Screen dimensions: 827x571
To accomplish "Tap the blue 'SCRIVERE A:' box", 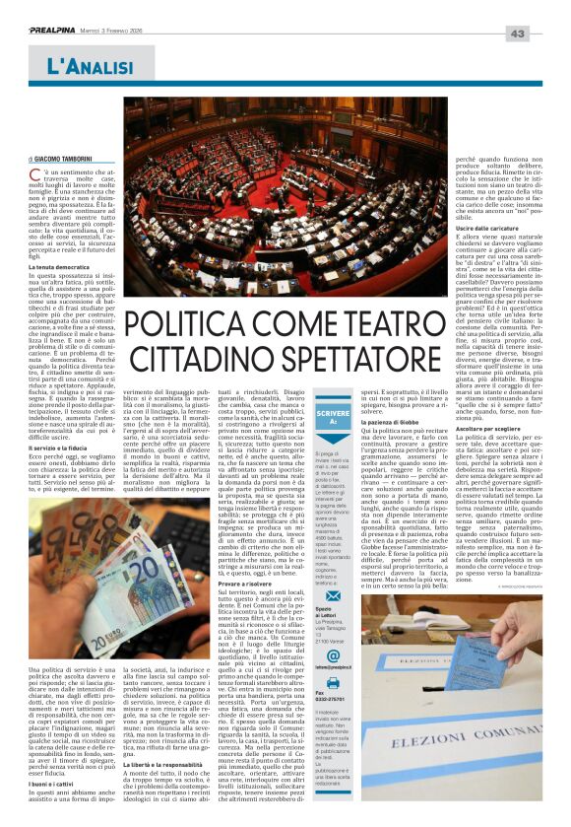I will (333, 418).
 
